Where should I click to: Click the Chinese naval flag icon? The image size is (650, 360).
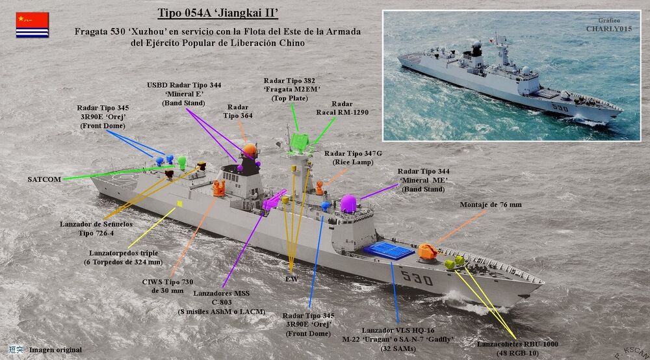(32, 25)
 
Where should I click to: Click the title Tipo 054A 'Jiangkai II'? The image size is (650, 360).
(217, 14)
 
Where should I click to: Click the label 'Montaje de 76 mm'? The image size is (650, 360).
(491, 205)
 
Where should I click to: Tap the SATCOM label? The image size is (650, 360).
(45, 179)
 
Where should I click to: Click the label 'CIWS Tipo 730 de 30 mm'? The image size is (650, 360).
(168, 286)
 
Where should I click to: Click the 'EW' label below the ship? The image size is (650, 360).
(291, 279)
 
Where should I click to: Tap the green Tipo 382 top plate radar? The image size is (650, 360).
(300, 141)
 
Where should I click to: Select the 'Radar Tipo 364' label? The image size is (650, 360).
(240, 111)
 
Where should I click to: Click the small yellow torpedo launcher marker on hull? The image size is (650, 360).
(180, 203)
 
